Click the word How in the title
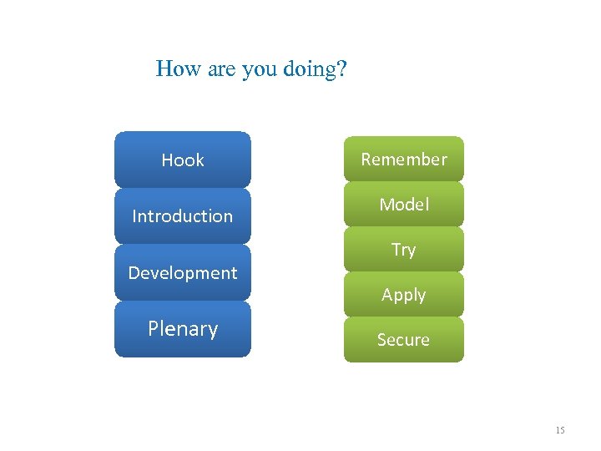click(x=174, y=68)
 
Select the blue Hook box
click(x=182, y=160)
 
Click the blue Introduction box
click(x=182, y=215)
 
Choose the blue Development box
click(x=182, y=272)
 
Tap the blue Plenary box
click(x=182, y=329)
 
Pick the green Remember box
click(x=403, y=159)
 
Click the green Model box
click(x=403, y=205)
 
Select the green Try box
click(x=403, y=250)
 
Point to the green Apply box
click(x=403, y=295)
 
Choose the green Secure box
click(x=403, y=340)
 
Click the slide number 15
click(x=559, y=430)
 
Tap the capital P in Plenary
click(x=153, y=328)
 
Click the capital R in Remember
click(x=366, y=159)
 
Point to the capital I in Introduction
click(x=134, y=215)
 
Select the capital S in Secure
click(x=381, y=340)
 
